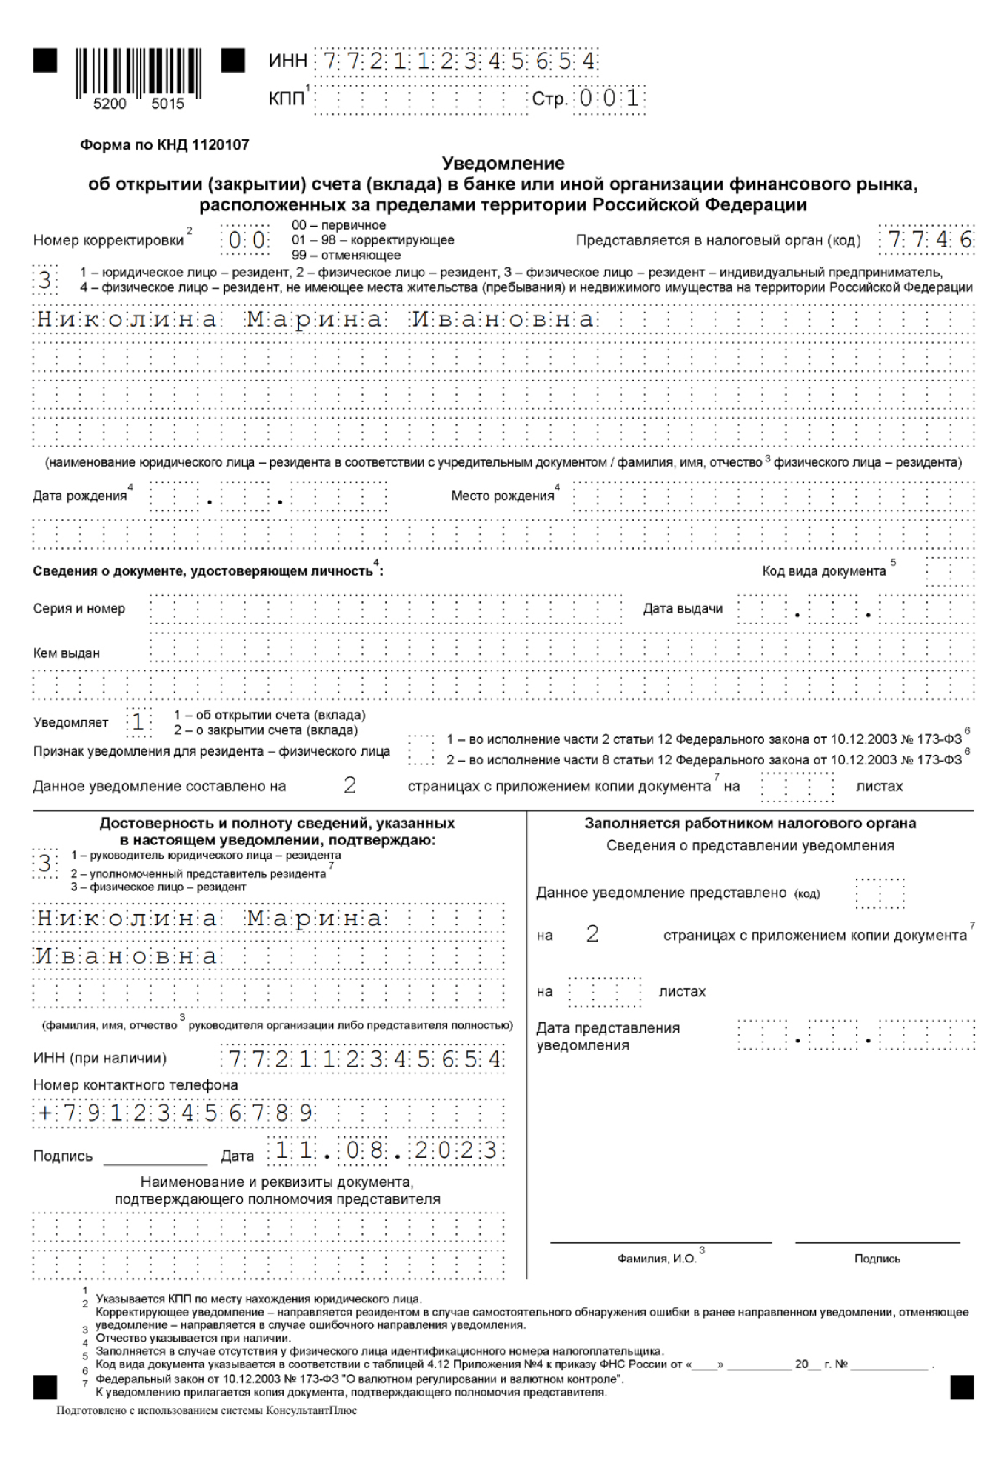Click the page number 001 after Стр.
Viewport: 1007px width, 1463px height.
point(609,99)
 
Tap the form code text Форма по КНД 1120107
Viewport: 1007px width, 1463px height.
point(164,145)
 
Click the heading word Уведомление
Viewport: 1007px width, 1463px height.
point(503,163)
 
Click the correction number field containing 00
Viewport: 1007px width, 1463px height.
point(246,241)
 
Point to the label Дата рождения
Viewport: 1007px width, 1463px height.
point(80,496)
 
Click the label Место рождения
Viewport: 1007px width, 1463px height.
point(503,496)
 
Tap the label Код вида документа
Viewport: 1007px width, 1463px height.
point(823,571)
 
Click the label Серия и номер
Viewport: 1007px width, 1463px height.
point(79,609)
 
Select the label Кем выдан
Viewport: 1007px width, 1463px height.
point(66,653)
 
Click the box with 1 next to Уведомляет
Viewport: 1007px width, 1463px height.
point(138,722)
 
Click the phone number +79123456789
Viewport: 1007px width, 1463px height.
point(175,1113)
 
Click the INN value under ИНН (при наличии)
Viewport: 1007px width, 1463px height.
point(364,1059)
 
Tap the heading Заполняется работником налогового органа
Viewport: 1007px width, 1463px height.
point(750,823)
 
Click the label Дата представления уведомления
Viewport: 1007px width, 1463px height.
point(607,1036)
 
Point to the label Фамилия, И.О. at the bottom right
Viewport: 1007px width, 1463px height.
point(657,1259)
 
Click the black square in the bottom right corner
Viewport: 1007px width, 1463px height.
point(962,1387)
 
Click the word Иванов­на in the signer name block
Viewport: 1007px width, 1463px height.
point(127,956)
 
